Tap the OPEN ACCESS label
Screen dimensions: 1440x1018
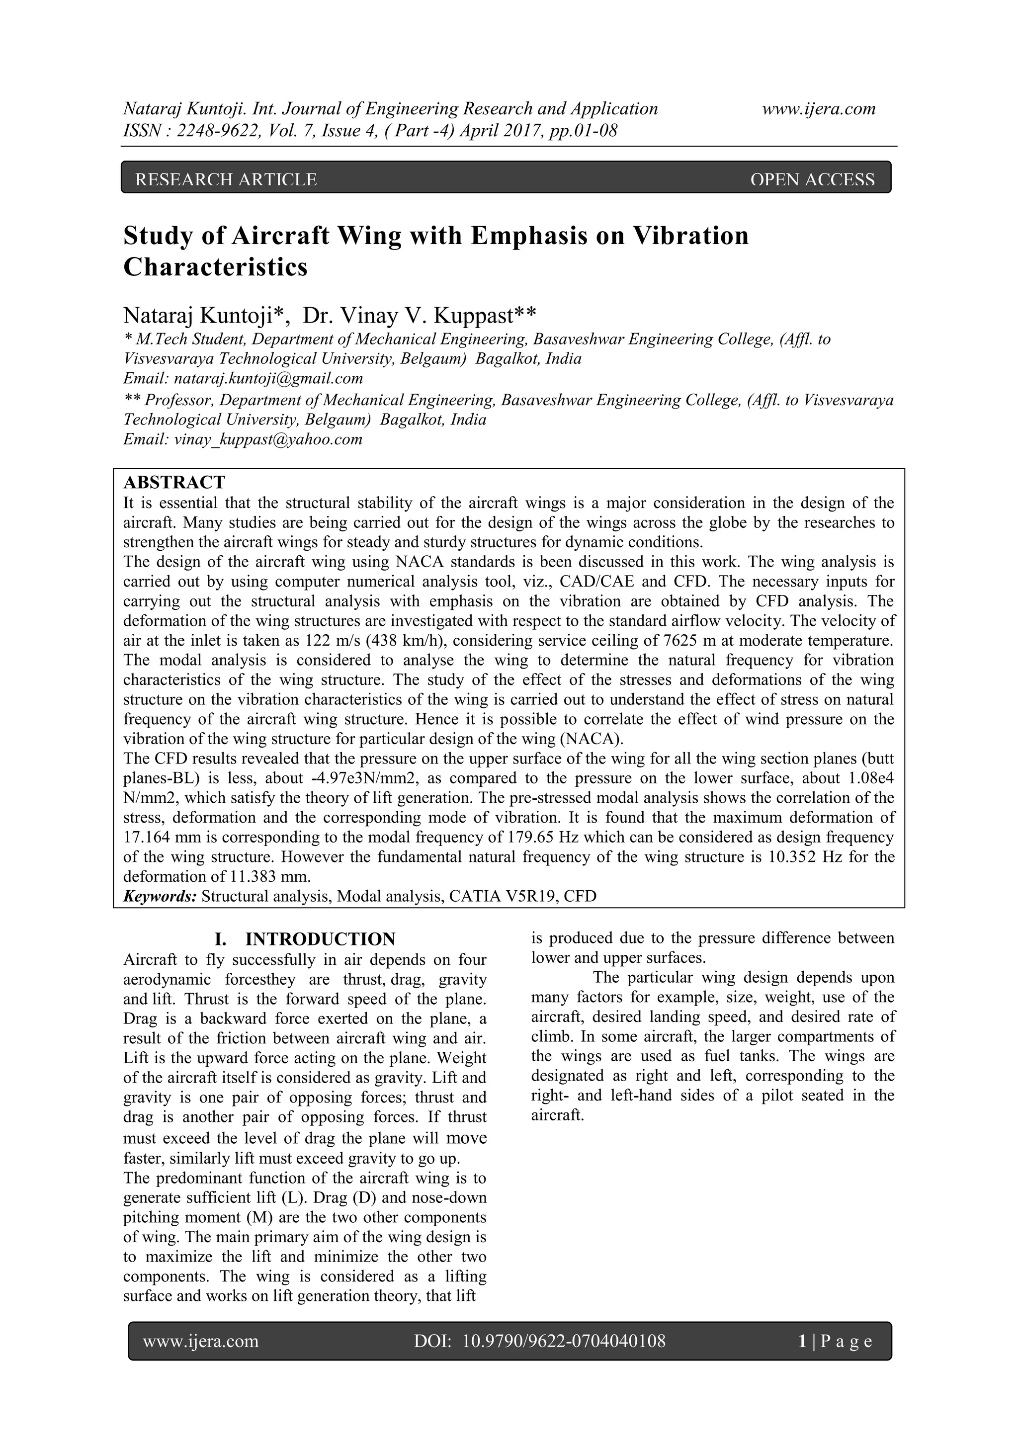[x=812, y=180]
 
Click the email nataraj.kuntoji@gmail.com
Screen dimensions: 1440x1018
[x=268, y=379]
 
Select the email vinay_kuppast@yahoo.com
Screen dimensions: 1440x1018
[x=268, y=439]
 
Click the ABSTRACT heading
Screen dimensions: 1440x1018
[x=174, y=482]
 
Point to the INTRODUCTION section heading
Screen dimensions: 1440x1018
[x=320, y=939]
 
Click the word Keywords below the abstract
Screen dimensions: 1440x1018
[x=160, y=896]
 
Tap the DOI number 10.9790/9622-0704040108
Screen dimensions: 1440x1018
[x=563, y=1341]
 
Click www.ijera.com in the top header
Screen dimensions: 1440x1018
[x=819, y=109]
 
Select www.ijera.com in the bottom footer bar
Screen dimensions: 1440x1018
[x=201, y=1341]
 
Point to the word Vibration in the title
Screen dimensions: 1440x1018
[x=691, y=236]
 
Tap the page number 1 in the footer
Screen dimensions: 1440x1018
[x=802, y=1341]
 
